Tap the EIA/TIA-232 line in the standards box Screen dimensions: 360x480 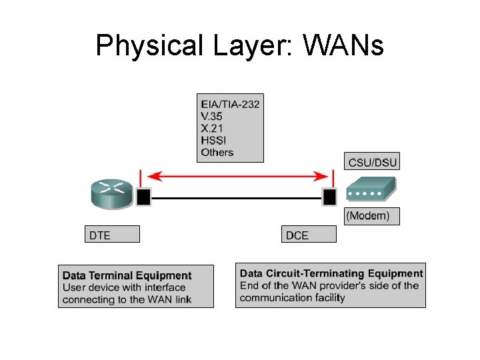230,103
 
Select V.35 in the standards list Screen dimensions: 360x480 213,115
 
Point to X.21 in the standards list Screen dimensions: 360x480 212,128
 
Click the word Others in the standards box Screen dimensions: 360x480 217,152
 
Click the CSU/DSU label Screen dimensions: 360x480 372,162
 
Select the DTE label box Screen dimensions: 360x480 113,234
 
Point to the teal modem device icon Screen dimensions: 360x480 365,191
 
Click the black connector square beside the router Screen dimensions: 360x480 143,197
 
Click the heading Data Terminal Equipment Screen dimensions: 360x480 127,275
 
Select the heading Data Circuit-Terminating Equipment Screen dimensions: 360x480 331,273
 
